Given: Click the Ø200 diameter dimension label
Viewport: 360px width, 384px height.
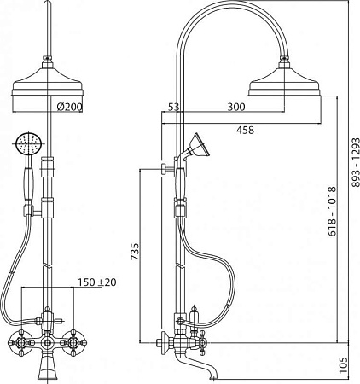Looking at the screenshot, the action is pyautogui.click(x=69, y=107).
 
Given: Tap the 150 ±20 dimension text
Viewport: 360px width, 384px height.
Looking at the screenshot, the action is pyautogui.click(x=97, y=282).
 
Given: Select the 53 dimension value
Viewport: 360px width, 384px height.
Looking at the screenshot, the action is pyautogui.click(x=174, y=107).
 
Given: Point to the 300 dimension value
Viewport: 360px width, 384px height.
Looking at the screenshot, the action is pyautogui.click(x=236, y=107).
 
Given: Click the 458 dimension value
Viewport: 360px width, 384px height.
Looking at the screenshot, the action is pyautogui.click(x=245, y=130).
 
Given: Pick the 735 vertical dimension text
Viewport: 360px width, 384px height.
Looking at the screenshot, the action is pyautogui.click(x=135, y=252).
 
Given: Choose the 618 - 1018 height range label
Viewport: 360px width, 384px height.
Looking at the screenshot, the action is pyautogui.click(x=332, y=212).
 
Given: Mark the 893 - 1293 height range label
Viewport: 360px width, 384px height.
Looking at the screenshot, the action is pyautogui.click(x=356, y=162).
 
